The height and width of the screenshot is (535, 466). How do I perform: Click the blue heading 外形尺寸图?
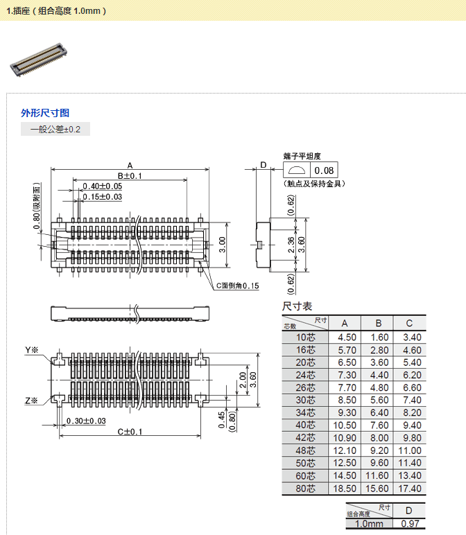[x=45, y=113]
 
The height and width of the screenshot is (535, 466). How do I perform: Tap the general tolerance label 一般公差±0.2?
[x=55, y=130]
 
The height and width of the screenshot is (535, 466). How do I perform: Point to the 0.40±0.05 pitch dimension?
[x=102, y=186]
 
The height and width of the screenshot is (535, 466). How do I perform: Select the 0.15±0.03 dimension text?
[x=102, y=197]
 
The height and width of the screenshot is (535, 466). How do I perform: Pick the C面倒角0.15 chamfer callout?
[x=237, y=286]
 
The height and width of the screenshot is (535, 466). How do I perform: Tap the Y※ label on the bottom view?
[x=32, y=351]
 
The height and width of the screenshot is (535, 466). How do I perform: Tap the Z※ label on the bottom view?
[x=32, y=401]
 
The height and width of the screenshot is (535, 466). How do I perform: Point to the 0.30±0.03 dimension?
[x=86, y=421]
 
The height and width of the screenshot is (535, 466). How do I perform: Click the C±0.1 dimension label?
[x=129, y=432]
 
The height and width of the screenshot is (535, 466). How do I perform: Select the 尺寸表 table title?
[x=297, y=306]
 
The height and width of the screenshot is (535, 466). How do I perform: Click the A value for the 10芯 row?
[x=347, y=337]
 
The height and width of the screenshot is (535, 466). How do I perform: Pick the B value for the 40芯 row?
[x=379, y=426]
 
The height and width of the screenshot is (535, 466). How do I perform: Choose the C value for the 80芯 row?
[x=411, y=489]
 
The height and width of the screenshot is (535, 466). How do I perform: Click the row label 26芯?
[x=305, y=388]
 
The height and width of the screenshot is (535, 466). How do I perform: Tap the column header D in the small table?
[x=408, y=511]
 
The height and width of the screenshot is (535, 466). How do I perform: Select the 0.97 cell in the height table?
[x=408, y=525]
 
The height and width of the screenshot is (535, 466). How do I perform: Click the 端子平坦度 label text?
[x=302, y=157]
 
